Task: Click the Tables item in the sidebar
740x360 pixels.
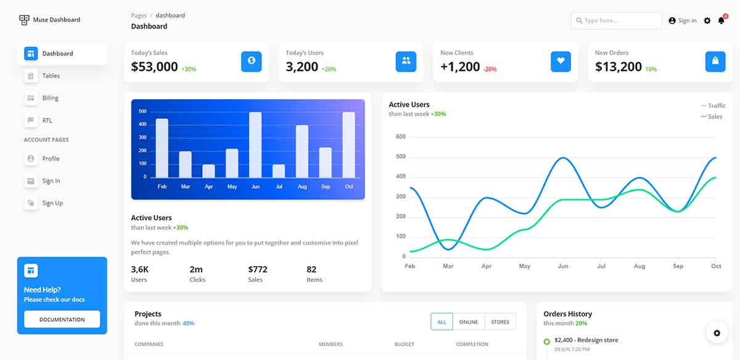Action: click(51, 76)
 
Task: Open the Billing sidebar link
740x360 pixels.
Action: click(50, 98)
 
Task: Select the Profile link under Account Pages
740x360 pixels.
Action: click(51, 158)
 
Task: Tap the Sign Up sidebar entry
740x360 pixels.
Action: click(52, 203)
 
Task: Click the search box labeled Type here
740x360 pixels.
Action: click(617, 20)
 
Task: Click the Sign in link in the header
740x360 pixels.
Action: click(683, 20)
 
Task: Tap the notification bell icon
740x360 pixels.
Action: click(721, 21)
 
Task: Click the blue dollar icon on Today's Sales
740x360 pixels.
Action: click(251, 61)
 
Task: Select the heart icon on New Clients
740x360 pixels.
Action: click(561, 61)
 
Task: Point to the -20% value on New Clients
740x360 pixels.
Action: click(490, 69)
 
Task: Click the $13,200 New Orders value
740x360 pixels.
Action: click(618, 67)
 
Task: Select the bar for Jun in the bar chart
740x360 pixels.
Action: click(255, 144)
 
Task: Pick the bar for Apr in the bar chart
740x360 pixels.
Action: click(208, 170)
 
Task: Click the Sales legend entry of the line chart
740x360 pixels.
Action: click(714, 117)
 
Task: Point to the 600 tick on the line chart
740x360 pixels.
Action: click(400, 137)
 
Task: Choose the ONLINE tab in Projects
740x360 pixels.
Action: click(469, 322)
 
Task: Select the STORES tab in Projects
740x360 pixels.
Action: click(500, 322)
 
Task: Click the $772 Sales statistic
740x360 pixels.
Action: click(258, 269)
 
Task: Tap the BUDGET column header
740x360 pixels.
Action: click(405, 344)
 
